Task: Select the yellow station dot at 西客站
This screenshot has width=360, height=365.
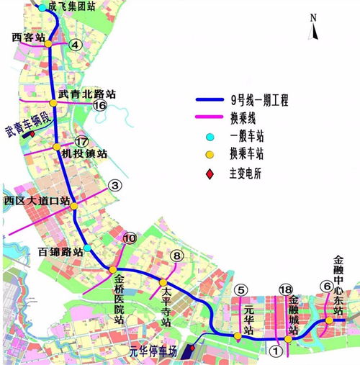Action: click(x=48, y=44)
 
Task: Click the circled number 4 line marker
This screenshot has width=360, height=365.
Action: click(x=75, y=45)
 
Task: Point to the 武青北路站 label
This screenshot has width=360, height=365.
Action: click(x=86, y=94)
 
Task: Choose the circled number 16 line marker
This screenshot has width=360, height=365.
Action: click(x=100, y=105)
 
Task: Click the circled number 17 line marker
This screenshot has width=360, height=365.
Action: click(x=81, y=142)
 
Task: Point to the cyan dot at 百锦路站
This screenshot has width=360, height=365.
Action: click(x=88, y=248)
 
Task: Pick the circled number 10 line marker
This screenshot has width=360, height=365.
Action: click(x=130, y=238)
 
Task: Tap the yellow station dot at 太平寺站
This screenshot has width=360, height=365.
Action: click(x=163, y=282)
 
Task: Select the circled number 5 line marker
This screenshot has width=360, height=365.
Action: click(x=241, y=290)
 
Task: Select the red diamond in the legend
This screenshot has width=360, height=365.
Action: click(x=208, y=174)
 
